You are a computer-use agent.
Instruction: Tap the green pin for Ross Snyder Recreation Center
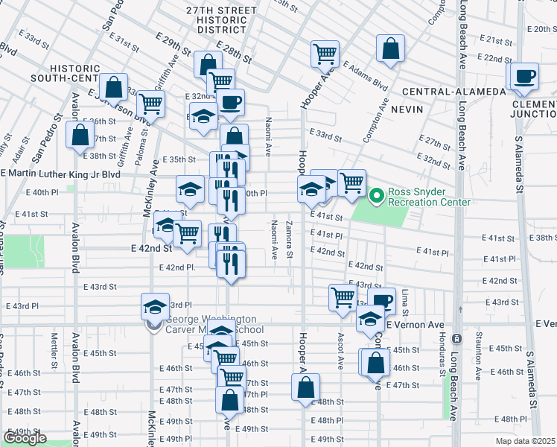[x=377, y=196]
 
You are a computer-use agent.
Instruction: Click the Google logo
[x=25, y=438]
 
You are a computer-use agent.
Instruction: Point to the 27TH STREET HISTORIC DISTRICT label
[x=222, y=19]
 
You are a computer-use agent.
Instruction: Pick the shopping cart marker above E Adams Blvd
[x=325, y=54]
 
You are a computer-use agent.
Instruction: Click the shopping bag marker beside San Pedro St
[x=80, y=136]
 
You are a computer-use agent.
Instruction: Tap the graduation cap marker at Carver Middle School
[x=155, y=308]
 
